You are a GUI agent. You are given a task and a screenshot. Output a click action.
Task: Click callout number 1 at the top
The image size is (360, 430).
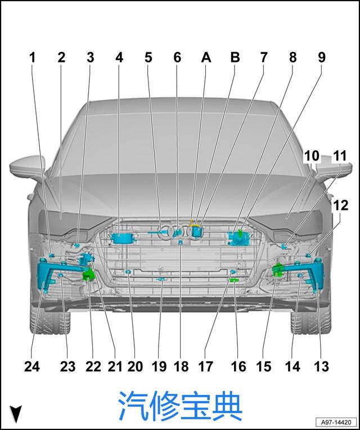coord(33,57)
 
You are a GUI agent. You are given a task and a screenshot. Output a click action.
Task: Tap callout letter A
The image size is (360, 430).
coord(206,57)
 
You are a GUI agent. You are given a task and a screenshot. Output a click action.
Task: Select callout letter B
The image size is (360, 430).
coord(235,57)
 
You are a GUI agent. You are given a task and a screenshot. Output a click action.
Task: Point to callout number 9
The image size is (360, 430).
coord(321,57)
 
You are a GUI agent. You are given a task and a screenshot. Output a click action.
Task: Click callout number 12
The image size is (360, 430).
coord(340,205)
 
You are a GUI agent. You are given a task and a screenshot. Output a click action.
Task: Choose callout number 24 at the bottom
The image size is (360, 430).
coord(32,366)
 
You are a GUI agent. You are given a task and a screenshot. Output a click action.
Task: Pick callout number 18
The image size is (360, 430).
coord(181,366)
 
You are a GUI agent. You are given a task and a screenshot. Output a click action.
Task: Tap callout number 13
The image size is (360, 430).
coord(321,366)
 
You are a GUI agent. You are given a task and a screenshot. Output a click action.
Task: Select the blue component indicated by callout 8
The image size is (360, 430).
coord(238,238)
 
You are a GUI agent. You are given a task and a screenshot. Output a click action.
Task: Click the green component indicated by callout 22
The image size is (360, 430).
coord(88,274)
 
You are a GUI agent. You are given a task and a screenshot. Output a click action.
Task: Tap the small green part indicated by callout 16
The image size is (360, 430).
coord(234,280)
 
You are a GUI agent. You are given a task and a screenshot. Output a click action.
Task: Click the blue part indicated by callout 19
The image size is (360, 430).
coord(161,280)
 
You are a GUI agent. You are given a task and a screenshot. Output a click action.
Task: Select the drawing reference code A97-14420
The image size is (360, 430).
coord(336,422)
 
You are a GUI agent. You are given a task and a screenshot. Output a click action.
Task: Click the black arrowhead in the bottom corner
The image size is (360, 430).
coord(16,414)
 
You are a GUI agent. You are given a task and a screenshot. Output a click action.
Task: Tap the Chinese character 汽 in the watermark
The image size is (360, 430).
coord(133,406)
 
